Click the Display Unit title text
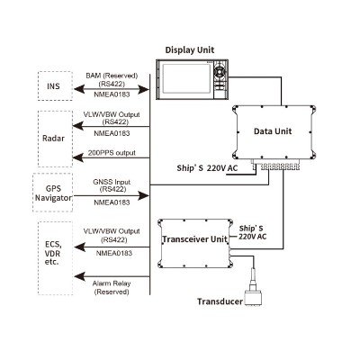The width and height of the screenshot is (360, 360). (x=190, y=49)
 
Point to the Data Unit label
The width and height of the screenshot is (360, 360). (x=273, y=131)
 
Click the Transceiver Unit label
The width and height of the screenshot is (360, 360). (x=195, y=239)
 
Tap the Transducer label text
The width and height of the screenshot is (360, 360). (x=220, y=301)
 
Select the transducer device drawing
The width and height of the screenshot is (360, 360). (x=254, y=288)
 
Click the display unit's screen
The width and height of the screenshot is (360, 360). (x=187, y=79)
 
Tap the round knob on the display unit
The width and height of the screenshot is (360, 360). (x=220, y=71)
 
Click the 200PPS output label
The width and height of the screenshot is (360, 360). (x=112, y=153)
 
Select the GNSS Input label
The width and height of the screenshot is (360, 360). (x=112, y=182)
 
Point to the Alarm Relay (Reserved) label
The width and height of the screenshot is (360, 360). (x=112, y=287)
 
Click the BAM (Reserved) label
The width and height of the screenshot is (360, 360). (x=112, y=76)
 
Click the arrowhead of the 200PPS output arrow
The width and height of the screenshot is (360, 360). (x=78, y=157)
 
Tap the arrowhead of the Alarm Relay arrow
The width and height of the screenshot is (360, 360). (x=79, y=276)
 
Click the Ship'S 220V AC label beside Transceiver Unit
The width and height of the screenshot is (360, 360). (x=253, y=232)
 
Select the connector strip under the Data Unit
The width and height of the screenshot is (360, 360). (x=276, y=166)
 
